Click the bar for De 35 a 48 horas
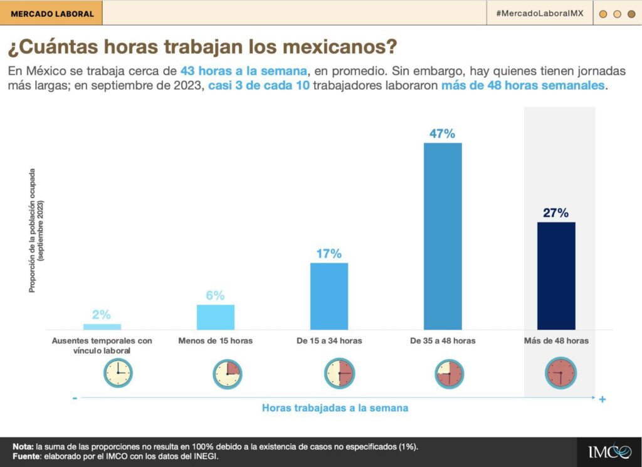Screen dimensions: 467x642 [x=443, y=236]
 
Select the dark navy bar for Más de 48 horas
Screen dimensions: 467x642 [x=556, y=276]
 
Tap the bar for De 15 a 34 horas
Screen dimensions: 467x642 [x=329, y=296]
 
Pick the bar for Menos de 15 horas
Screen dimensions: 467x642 [x=216, y=317]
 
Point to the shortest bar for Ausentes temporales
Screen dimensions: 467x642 [x=102, y=327]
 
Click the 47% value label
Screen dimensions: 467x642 [x=443, y=134]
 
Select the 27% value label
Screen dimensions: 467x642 [x=556, y=213]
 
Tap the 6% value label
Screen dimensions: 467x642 [x=215, y=296]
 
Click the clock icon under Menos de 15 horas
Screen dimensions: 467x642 [x=227, y=374]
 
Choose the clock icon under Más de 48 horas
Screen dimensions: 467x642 [x=560, y=373]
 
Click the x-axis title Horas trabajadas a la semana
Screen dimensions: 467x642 [x=335, y=408]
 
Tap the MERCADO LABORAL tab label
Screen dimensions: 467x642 [x=52, y=13]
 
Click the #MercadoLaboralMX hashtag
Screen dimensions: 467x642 [x=540, y=13]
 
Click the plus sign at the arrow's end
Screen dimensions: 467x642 [x=602, y=399]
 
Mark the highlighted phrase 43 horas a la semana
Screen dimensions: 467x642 [x=244, y=70]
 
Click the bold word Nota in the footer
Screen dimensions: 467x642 [x=23, y=446]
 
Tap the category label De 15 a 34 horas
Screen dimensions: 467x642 [x=329, y=341]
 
